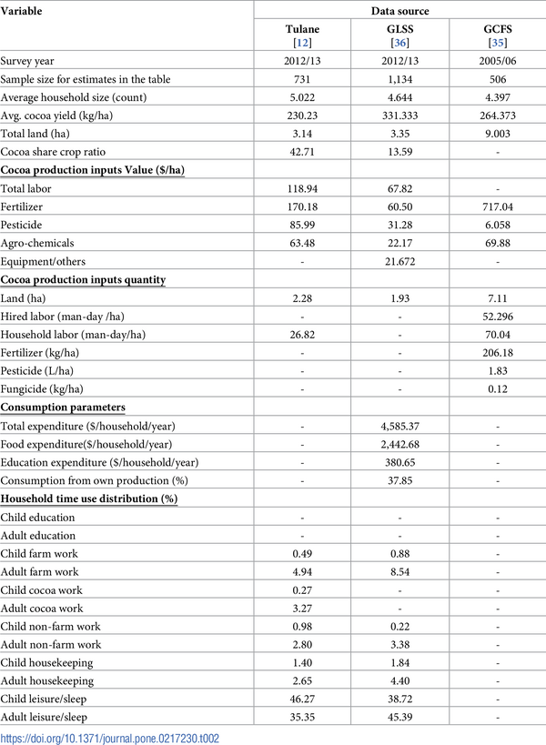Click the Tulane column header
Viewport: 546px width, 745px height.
point(300,28)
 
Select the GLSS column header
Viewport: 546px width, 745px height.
point(400,28)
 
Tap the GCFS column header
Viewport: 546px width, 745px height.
point(498,28)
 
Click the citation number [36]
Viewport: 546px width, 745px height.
point(400,42)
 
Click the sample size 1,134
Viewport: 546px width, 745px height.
point(400,79)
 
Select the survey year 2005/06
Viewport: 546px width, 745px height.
point(498,61)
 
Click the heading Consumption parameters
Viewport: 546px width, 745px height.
point(63,408)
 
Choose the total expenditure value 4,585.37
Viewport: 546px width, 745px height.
point(400,426)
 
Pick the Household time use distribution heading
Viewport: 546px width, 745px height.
point(89,498)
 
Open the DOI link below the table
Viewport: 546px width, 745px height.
point(110,737)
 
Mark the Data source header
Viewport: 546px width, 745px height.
point(400,11)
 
